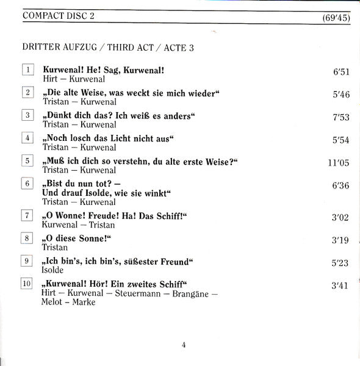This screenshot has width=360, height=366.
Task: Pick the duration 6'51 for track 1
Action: coord(340,72)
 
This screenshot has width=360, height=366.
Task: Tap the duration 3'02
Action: coord(340,217)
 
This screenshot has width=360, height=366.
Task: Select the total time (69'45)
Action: coord(336,18)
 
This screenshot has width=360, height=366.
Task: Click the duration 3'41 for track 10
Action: coord(340,285)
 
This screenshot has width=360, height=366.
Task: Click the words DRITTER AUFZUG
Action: coord(60,46)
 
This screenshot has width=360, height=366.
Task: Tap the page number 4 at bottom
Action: coord(183,345)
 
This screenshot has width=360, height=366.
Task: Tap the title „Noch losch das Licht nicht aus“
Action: coord(107,138)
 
